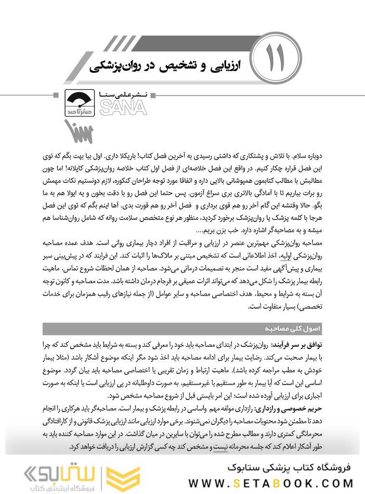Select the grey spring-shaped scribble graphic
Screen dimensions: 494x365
[78, 130]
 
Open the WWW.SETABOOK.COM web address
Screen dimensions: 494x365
[271, 483]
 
